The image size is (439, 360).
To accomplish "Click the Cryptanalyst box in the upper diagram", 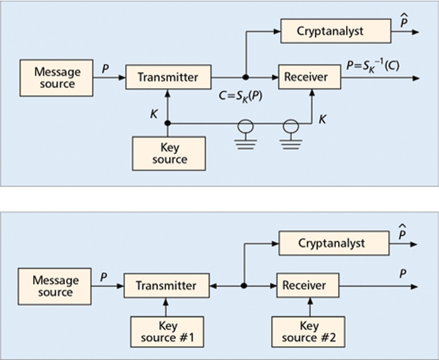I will tap(335, 31).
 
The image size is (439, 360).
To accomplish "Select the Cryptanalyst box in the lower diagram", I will tap(334, 243).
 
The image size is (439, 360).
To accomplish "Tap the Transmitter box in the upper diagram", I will tap(168, 77).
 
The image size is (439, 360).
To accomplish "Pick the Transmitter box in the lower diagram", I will tap(166, 286).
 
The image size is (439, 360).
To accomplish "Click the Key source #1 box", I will tap(167, 332).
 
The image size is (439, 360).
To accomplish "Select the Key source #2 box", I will tap(308, 332).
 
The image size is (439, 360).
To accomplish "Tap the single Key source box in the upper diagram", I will tap(169, 153).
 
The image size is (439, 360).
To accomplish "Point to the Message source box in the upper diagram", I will tap(57, 77).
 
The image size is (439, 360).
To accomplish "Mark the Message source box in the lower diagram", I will tap(55, 286).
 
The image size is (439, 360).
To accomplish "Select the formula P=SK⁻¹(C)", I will tap(373, 65).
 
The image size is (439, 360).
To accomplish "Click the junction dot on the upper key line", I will tap(167, 123).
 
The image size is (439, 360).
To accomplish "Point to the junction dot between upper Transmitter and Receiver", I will tap(246, 77).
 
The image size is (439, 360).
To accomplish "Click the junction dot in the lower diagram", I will tap(244, 286).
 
